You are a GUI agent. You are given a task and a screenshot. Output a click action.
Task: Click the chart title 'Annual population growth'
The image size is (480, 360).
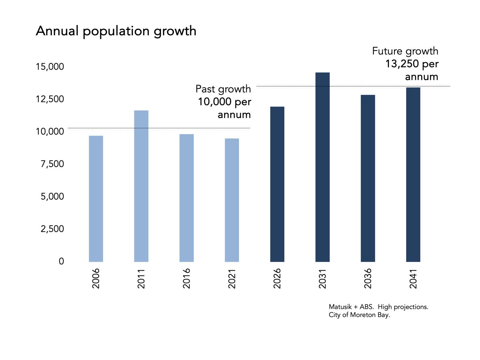coord(116,31)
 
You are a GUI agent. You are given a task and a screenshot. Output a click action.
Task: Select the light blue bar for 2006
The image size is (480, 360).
coord(96,199)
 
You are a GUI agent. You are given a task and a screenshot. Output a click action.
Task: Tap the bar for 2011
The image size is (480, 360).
coord(141,186)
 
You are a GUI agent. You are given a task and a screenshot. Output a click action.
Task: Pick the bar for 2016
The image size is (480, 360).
coord(186,198)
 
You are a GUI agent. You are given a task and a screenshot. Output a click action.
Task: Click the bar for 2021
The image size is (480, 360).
coord(232,200)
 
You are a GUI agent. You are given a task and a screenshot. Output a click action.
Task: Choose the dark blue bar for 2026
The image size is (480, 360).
coord(277,184)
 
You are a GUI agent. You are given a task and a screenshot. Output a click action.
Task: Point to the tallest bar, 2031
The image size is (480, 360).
coord(322,167)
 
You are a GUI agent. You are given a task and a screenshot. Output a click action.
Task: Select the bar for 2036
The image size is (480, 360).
coord(368,178)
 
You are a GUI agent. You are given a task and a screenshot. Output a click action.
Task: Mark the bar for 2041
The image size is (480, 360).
coord(413,175)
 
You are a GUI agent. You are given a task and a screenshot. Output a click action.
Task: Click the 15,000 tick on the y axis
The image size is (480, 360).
coord(50,66)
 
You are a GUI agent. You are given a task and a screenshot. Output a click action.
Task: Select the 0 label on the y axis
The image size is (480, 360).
coord(61,261)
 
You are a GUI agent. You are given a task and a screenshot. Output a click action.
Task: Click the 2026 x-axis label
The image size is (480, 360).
coord(277,278)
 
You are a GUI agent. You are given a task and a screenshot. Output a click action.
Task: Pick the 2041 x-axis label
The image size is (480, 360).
coord(413,278)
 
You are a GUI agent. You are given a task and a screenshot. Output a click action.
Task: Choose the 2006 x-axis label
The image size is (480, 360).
coord(96,278)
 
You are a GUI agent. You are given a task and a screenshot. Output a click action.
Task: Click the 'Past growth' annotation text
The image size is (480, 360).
coord(223,89)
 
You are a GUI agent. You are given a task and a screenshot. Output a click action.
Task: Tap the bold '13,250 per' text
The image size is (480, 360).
coord(411,64)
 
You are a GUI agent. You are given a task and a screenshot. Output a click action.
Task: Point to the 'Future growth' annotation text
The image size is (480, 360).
coord(405,51)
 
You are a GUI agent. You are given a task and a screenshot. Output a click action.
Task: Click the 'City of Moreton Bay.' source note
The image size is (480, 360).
coord(359,315)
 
